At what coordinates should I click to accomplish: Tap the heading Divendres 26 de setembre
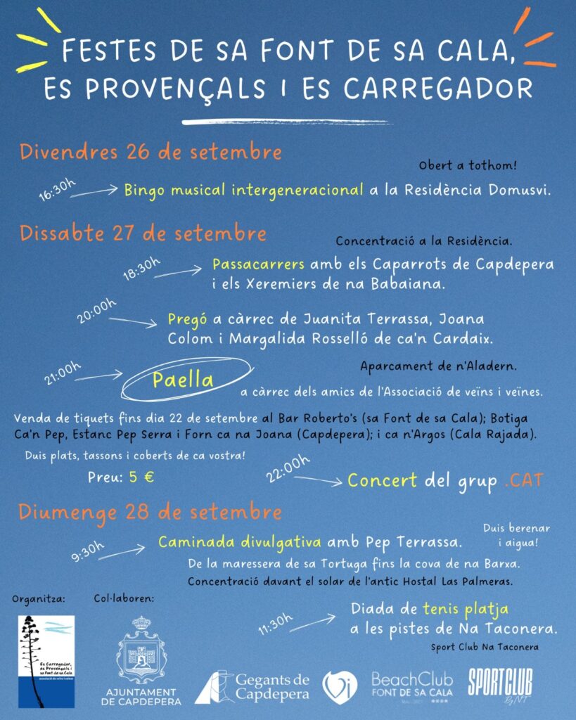151,152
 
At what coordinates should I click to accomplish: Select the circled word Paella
184,380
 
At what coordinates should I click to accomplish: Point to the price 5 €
141,476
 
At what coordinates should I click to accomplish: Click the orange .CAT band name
523,481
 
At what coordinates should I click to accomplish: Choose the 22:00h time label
288,468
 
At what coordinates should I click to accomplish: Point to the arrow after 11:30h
316,619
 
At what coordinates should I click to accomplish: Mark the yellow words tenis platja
466,609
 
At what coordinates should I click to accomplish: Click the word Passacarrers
258,265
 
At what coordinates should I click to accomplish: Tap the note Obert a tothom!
468,167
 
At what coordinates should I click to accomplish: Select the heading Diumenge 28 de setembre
150,511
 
